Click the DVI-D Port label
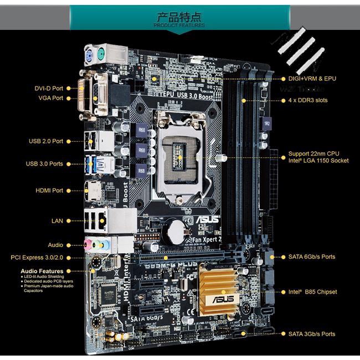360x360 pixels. pos(49,88)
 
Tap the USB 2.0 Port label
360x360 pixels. pos(46,141)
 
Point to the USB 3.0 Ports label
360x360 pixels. pos(44,164)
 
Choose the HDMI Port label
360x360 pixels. pos(49,191)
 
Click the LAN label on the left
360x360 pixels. pos(57,220)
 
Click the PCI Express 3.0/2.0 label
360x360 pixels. pos(37,257)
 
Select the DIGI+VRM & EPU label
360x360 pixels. pos(312,79)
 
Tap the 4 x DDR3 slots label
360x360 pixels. pos(308,100)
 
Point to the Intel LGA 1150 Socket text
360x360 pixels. pos(318,161)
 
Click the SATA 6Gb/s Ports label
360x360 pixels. pos(311,257)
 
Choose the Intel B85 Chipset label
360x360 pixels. pos(312,292)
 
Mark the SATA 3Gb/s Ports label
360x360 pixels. pos(311,334)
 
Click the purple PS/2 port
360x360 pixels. pos(88,55)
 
